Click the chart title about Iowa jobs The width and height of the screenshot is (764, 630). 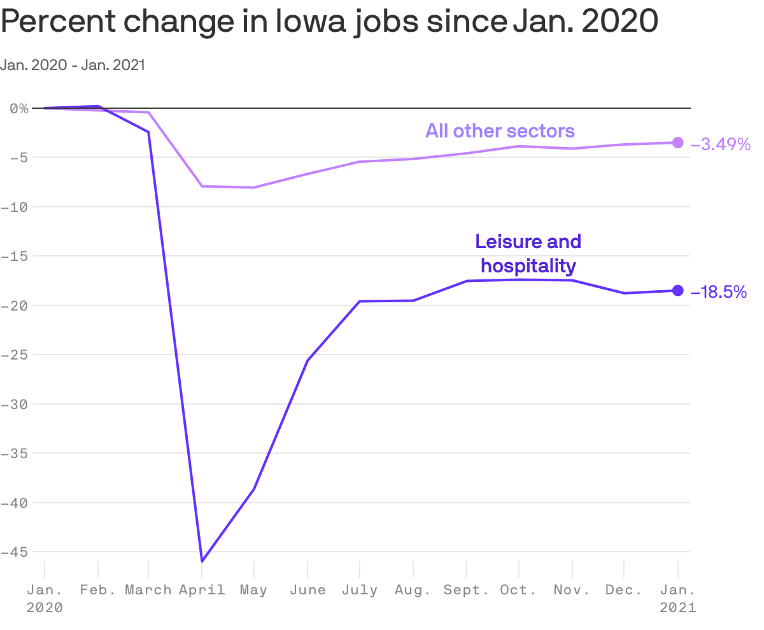coord(329,23)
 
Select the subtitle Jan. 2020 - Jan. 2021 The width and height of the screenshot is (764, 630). coord(73,65)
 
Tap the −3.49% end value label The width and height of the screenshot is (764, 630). coord(721,144)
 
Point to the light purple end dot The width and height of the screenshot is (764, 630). coord(677,143)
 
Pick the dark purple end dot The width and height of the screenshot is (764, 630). coord(677,291)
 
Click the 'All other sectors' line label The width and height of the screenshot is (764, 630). coord(500,131)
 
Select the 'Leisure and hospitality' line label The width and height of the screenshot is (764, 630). coord(528,253)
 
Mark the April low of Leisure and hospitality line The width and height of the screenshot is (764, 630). coord(202,561)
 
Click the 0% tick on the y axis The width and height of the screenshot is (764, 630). coord(19,108)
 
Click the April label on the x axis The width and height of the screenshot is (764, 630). coord(202,590)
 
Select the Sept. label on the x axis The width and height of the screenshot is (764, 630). coord(467,590)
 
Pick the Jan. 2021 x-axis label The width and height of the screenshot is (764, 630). coord(677,598)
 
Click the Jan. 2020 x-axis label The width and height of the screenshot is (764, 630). coord(45,598)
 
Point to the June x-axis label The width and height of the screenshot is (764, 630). coord(308,590)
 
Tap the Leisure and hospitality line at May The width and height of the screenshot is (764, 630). coord(254,489)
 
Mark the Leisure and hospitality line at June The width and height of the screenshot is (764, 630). coord(308,361)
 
